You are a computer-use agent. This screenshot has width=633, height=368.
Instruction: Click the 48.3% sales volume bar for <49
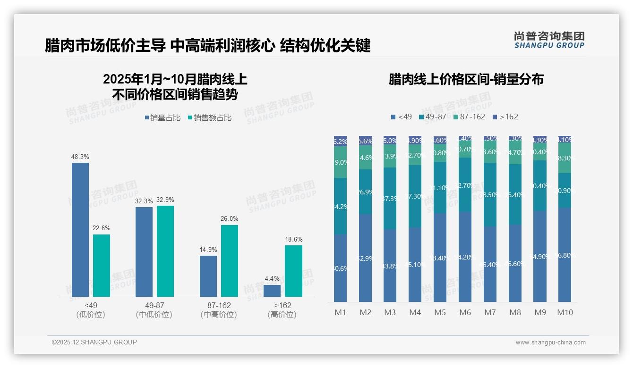click(x=80, y=230)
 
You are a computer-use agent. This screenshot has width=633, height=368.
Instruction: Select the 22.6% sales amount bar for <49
click(x=102, y=266)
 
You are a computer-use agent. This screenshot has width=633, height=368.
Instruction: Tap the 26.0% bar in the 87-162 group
click(x=230, y=261)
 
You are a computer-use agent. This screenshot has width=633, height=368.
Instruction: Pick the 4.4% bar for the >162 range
click(x=272, y=291)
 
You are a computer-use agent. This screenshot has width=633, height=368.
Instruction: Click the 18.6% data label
click(x=293, y=239)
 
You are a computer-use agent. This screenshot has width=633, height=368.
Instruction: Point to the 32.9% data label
click(x=165, y=200)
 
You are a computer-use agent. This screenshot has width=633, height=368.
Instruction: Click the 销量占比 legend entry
click(x=163, y=118)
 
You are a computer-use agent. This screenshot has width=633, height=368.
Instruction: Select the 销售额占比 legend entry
click(x=210, y=118)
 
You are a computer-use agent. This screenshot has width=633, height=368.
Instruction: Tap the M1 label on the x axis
click(x=340, y=312)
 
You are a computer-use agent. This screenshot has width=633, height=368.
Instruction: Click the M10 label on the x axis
click(x=565, y=312)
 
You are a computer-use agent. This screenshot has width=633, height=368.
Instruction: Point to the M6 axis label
click(x=465, y=312)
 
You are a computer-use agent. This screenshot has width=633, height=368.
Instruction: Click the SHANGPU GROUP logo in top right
click(x=549, y=40)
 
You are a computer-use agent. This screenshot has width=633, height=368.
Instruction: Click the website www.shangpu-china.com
click(x=550, y=343)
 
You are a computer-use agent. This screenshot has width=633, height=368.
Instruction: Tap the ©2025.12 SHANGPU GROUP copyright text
click(x=94, y=342)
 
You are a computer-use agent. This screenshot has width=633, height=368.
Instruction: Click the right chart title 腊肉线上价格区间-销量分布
click(x=466, y=79)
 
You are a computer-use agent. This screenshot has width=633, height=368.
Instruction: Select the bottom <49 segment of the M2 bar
click(x=365, y=258)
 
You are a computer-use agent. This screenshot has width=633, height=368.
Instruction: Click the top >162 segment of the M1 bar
click(x=340, y=141)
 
